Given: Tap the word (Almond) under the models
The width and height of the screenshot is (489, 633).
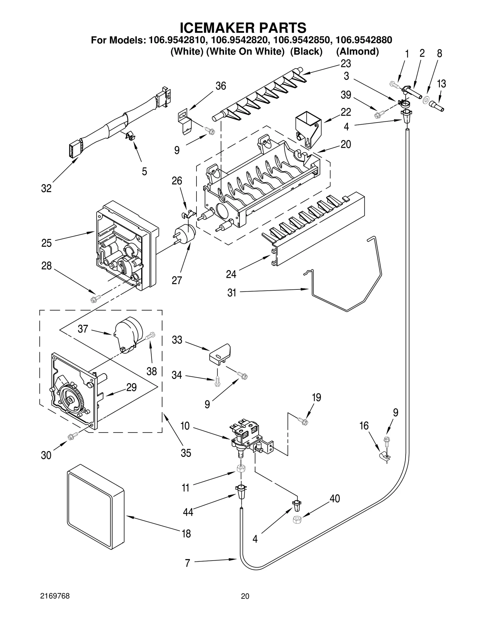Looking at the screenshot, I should coord(357,51).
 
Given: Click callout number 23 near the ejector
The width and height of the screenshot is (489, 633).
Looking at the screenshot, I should coord(346,64).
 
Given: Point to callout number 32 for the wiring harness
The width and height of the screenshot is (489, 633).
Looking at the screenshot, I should coord(46,189).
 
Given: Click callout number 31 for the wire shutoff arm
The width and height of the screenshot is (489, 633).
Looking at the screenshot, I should coord(232,293).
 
